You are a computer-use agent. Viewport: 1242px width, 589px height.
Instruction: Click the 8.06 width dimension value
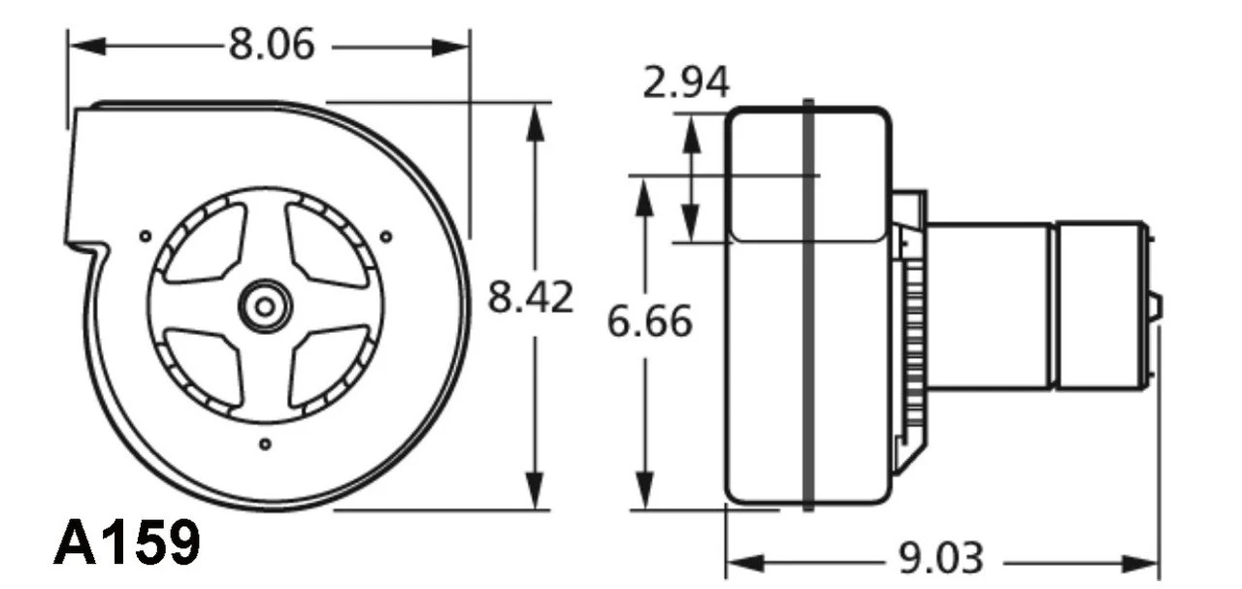pyautogui.click(x=272, y=45)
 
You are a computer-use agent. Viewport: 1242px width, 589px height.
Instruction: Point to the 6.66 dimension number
pyautogui.click(x=649, y=321)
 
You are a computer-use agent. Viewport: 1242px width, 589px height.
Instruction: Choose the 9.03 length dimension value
pyautogui.click(x=939, y=559)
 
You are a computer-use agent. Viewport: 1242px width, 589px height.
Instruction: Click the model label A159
pyautogui.click(x=126, y=543)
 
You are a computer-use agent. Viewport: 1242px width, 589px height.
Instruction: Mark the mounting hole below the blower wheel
pyautogui.click(x=265, y=444)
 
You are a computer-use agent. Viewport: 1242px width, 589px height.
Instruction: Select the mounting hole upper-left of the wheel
pyautogui.click(x=145, y=235)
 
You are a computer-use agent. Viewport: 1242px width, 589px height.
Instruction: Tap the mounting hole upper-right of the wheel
pyautogui.click(x=386, y=236)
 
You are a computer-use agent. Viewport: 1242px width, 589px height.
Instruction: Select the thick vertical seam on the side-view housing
pyautogui.click(x=808, y=306)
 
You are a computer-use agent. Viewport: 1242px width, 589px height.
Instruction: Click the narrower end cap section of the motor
pyautogui.click(x=1100, y=306)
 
